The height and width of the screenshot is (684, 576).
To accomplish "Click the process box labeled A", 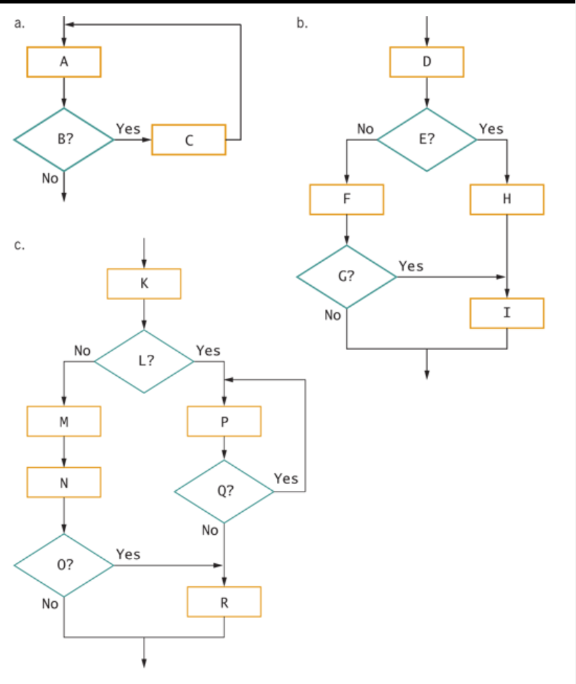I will (63, 62).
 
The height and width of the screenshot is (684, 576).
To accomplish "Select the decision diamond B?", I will (63, 139).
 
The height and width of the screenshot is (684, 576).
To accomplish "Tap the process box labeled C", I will (188, 140).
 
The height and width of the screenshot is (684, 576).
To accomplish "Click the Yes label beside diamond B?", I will (128, 129).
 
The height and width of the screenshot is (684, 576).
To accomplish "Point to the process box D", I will (427, 62).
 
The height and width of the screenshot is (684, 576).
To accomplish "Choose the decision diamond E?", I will (427, 139).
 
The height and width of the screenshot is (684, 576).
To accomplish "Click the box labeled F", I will (347, 199).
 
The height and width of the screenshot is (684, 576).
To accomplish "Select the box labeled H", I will (507, 199).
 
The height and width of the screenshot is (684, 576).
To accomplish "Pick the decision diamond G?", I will (347, 277).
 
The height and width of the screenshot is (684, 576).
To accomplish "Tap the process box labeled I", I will (507, 313).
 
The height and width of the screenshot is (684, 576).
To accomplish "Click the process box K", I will (144, 284).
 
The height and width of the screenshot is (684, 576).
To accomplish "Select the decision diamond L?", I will (144, 361).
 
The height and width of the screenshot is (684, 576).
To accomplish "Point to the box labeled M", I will (63, 421).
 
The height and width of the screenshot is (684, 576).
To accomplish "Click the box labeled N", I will (63, 482).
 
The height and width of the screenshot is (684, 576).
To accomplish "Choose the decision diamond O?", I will (63, 565).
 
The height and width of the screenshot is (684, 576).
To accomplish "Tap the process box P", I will (224, 421).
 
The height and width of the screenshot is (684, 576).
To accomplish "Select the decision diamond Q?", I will (224, 492).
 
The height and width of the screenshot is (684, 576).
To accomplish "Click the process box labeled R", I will (224, 602).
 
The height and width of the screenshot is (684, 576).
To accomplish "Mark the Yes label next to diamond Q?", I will (286, 478).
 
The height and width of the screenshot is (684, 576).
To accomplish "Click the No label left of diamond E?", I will (365, 129).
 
